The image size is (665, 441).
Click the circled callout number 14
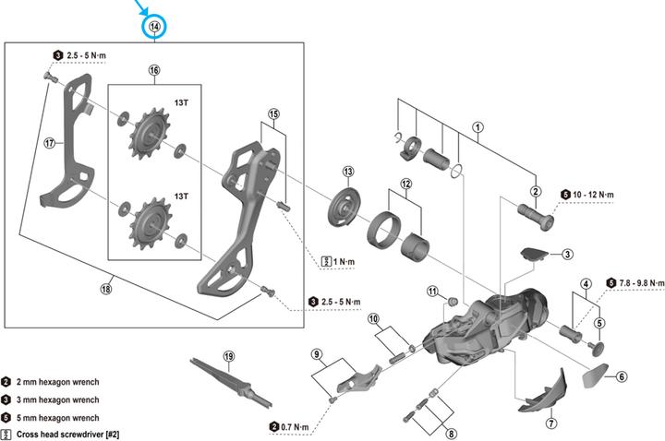coord(153,29)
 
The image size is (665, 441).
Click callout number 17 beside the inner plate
coord(50,143)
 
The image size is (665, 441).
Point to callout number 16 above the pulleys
coord(153,70)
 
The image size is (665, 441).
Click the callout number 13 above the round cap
coord(348,172)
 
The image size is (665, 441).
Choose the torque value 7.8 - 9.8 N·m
coord(642,282)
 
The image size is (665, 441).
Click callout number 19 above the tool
coord(229,355)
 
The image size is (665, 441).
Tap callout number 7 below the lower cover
coord(551,423)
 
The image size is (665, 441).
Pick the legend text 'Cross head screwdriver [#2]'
coord(67,433)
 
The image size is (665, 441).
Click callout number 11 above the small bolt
coord(431,292)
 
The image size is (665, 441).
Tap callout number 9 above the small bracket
coord(316,354)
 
